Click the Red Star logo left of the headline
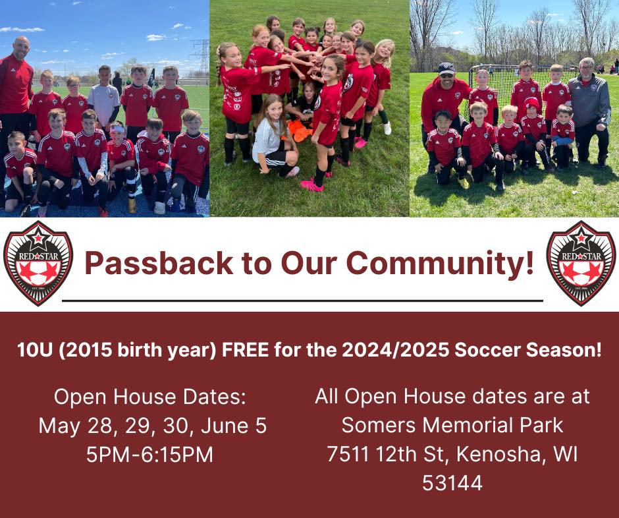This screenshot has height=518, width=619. coord(38,263)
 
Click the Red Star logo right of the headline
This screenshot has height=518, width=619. coord(581,263)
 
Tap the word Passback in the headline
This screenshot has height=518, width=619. coord(159,263)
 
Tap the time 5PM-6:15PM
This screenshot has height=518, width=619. coord(149,454)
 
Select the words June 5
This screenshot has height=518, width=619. coord(234,426)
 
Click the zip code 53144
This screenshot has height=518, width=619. coord(452,483)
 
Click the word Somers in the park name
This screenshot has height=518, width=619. coord(379,426)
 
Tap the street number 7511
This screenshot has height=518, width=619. coord(348,454)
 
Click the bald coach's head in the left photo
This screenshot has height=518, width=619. coord(21,48)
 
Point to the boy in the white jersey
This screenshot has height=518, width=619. coord(104,99)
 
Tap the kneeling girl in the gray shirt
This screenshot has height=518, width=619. coord(275,136)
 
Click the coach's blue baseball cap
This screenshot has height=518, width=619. coord(446,68)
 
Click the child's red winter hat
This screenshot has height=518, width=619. coord(531,103)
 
